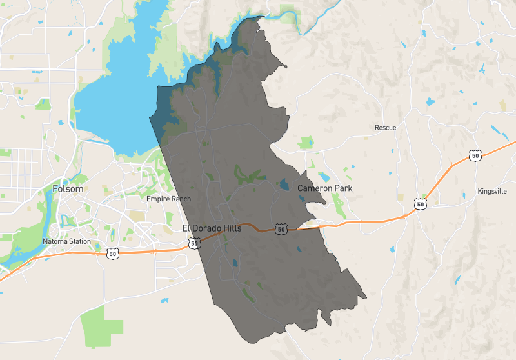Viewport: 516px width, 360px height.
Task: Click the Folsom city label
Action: tap(68, 190)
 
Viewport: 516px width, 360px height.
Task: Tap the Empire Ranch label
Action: tap(168, 199)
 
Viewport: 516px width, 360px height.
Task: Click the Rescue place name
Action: tap(385, 128)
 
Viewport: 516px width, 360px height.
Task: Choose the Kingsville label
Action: tap(493, 192)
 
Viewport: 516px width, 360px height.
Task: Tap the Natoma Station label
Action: tap(67, 242)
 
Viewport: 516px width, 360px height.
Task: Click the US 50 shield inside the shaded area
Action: tap(280, 229)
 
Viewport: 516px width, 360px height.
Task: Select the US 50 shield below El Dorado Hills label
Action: tap(193, 243)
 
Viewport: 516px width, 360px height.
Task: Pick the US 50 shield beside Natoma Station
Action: tap(113, 254)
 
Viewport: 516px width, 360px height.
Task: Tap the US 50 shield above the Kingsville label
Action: tap(475, 155)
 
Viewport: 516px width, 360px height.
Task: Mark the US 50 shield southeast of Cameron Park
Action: tap(421, 204)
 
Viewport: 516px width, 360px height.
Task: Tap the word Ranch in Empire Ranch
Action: tap(181, 199)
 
